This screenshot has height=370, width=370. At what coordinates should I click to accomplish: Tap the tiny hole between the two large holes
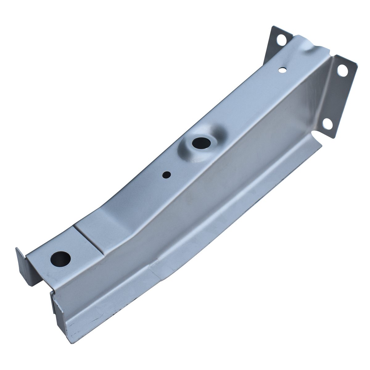coord(166,175)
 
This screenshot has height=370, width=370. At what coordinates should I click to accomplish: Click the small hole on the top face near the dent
coord(282,70)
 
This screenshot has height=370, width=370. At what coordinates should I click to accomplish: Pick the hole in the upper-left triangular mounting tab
coord(282,40)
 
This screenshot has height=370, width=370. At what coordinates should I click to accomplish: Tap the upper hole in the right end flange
coord(342,70)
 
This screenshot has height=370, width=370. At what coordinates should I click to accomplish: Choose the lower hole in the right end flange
coord(329,124)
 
